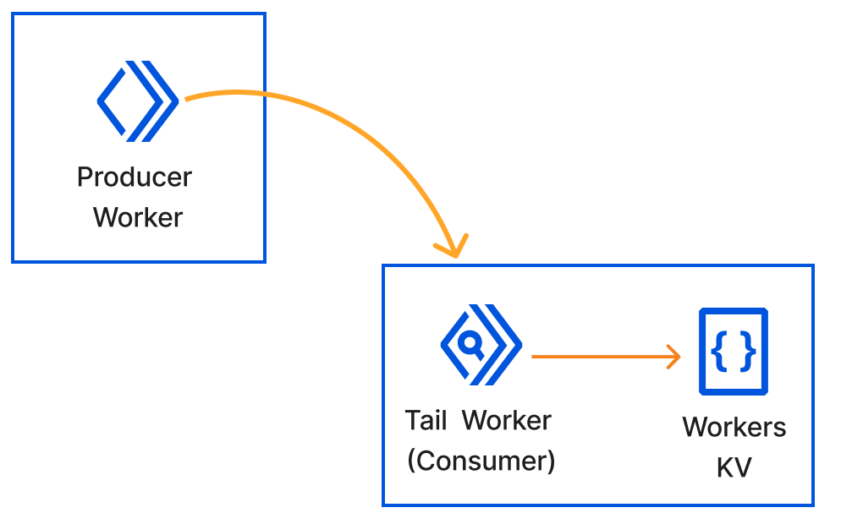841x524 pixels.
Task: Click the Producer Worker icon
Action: coord(138,101)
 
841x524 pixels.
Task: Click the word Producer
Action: coord(135,177)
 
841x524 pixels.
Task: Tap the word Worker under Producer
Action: coord(138,217)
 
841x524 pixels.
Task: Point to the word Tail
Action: coord(426,420)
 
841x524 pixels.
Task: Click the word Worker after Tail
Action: coord(508,420)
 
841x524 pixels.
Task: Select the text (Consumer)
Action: coord(481,461)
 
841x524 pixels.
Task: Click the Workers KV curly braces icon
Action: coord(733,351)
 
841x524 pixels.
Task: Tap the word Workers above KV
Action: coord(734,427)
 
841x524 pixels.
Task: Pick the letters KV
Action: coord(734,467)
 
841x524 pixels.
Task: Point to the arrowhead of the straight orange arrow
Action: coord(674,357)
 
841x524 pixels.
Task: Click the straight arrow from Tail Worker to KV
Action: coord(601,357)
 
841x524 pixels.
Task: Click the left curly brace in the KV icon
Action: coord(720,351)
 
